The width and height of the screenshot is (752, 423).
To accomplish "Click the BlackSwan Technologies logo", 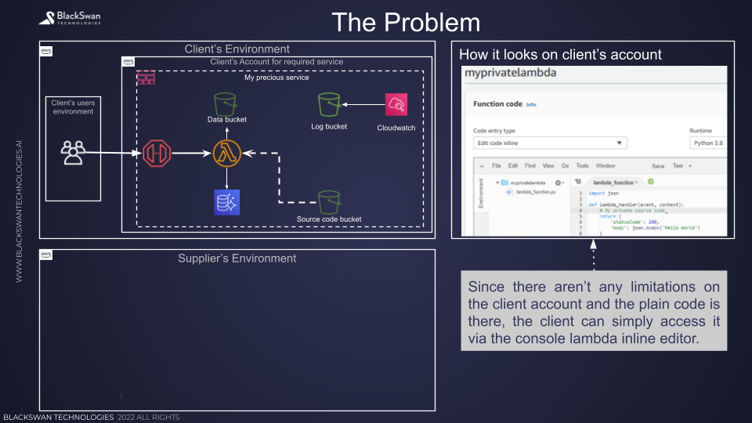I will point(70,16).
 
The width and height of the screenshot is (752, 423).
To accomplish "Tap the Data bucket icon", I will point(226,103).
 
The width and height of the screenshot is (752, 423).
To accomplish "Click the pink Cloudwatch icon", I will point(396,104).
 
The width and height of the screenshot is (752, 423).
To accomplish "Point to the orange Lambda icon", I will point(226,154).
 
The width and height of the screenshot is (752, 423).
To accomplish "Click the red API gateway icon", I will point(156,154).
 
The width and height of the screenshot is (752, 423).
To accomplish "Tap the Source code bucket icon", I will point(329,201).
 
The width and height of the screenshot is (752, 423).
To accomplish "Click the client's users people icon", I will point(73,152).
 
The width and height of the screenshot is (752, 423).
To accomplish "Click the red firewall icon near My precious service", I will point(146,78).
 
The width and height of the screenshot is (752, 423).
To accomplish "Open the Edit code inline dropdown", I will point(550,143).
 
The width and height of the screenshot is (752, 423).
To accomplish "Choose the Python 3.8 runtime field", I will point(707,143).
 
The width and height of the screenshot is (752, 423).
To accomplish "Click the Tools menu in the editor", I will point(582,166).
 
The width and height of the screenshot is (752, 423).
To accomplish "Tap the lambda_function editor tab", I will point(616,182).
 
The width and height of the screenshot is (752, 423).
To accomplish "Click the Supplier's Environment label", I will point(237,258).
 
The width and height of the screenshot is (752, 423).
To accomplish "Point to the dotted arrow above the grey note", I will point(593,254).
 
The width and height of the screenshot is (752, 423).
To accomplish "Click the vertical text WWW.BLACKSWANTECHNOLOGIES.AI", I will point(20,211).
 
